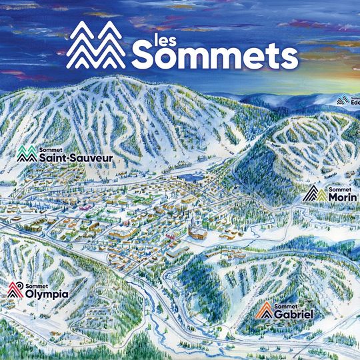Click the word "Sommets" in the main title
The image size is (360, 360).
[x=215, y=55]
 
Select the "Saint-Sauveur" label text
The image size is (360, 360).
[x=75, y=159]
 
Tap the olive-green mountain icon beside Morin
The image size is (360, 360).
[x=315, y=194]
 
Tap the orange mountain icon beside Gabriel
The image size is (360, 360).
[x=265, y=310]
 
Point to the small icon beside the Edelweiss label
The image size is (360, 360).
[x=343, y=100]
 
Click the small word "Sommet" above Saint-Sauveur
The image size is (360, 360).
[x=50, y=150]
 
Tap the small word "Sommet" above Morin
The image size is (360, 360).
[x=339, y=188]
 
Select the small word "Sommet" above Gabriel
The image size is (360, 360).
[x=286, y=304]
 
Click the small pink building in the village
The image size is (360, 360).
[x=85, y=207]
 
